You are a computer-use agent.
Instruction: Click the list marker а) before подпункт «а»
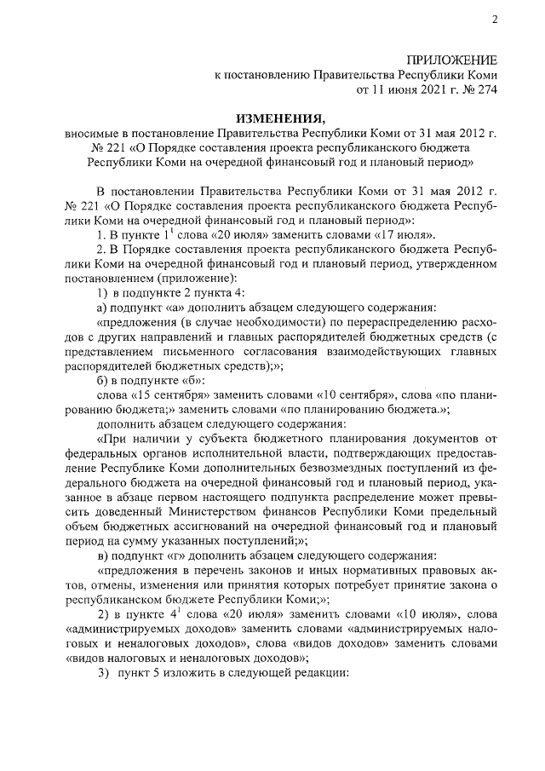click(x=100, y=308)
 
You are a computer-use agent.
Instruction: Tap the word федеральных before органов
click(x=102, y=453)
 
